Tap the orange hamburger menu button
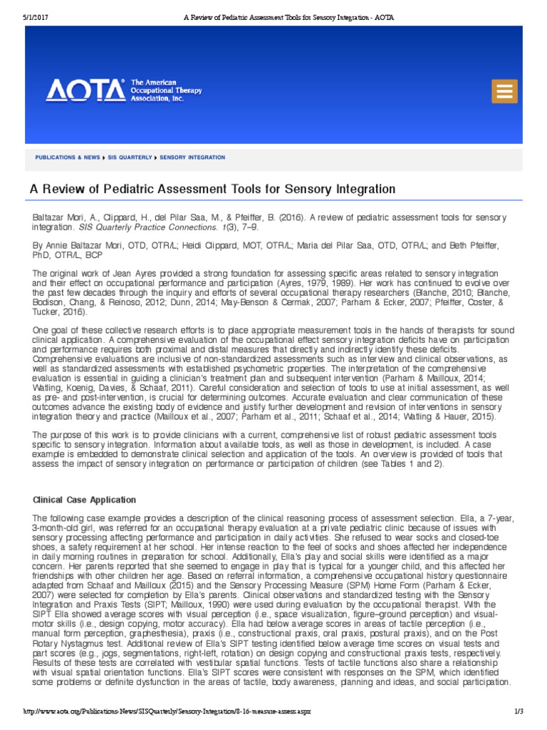[x=504, y=91]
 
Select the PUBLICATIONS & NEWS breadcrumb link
[x=68, y=157]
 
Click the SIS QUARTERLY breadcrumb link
[x=130, y=157]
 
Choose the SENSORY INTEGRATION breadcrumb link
[x=192, y=157]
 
